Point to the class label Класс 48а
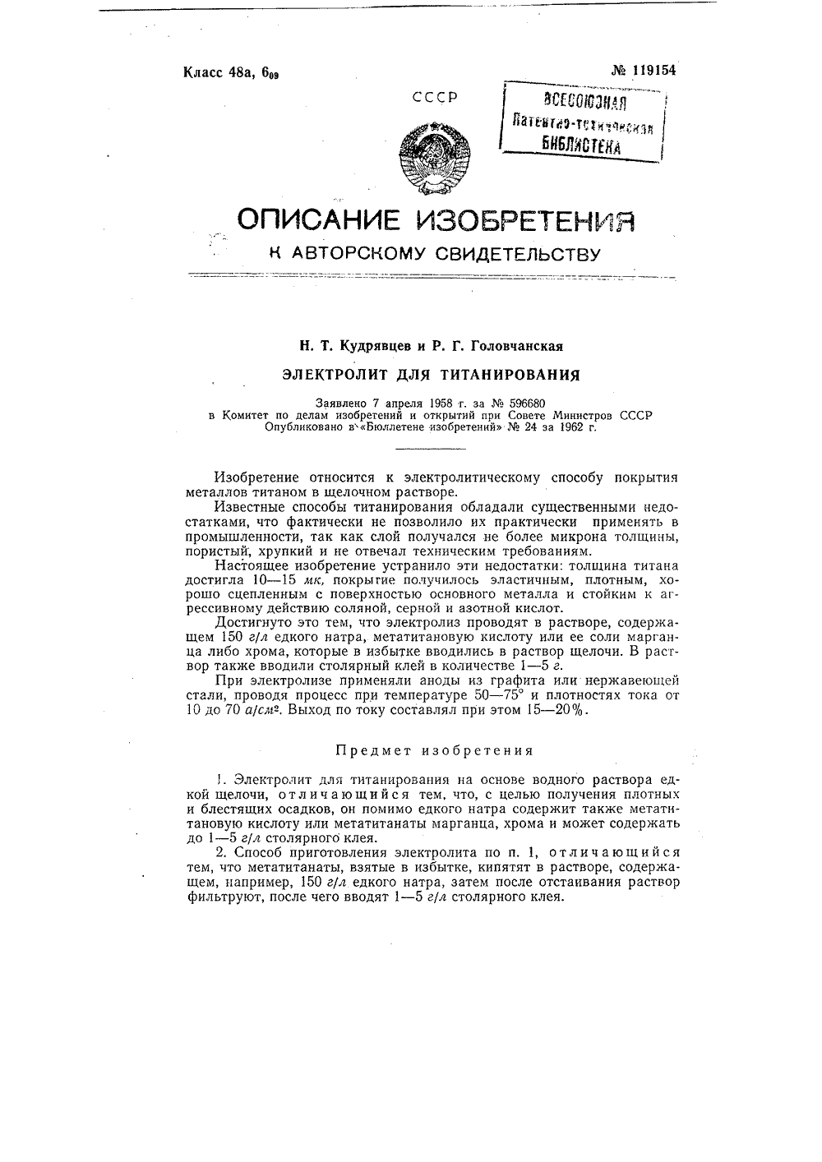(219, 71)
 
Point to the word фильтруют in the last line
(218, 897)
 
